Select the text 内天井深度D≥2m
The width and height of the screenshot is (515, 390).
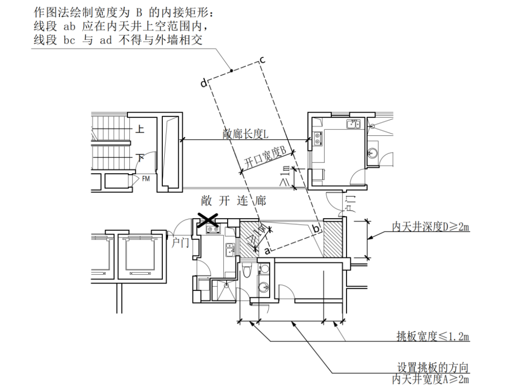[x=430, y=227]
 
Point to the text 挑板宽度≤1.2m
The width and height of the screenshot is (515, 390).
[x=432, y=336]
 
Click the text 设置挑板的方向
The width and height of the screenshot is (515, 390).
[x=432, y=368]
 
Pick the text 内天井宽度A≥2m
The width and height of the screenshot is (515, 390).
[x=430, y=379]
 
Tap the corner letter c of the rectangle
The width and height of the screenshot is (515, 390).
[x=262, y=59]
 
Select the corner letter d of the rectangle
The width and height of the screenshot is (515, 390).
[x=203, y=84]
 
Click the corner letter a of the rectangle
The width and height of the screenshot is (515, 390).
[x=267, y=251]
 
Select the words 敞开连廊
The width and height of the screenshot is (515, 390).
[x=233, y=201]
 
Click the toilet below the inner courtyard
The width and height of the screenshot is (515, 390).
[x=247, y=271]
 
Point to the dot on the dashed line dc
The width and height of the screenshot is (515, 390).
[x=231, y=71]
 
